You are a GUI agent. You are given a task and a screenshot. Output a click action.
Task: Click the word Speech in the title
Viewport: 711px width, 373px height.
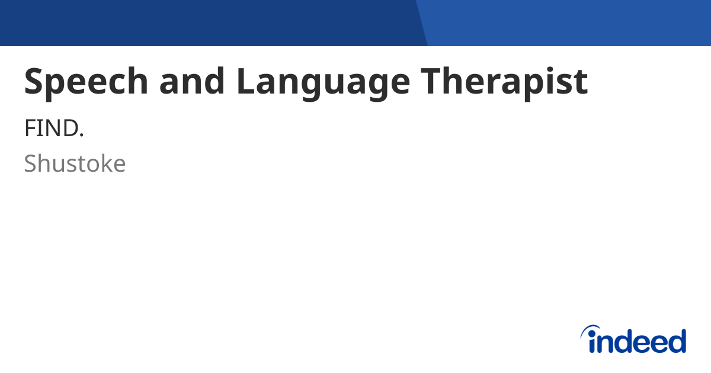86,82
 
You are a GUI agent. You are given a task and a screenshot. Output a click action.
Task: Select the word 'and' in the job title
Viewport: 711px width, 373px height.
192,82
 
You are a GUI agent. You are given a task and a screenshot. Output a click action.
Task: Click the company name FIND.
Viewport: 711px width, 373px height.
53,128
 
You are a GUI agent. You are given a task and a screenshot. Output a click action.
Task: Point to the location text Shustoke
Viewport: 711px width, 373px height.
75,164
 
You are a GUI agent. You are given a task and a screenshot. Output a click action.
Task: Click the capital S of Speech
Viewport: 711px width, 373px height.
34,82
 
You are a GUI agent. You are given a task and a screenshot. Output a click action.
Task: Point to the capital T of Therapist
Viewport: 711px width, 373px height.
433,82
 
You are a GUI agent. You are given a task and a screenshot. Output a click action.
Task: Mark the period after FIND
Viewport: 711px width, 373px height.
81,136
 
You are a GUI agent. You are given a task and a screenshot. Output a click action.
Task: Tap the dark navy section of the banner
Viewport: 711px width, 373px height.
207,22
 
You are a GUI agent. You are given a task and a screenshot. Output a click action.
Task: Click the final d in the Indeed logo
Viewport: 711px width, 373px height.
676,341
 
